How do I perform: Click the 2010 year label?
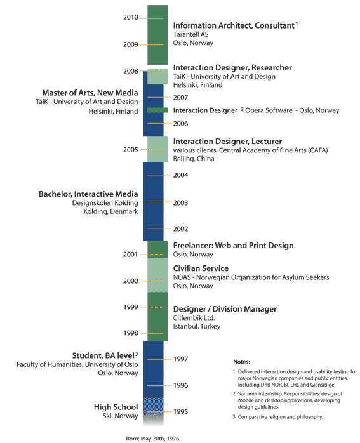click(x=131, y=18)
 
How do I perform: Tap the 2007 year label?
click(x=180, y=98)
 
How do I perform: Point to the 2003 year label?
click(x=180, y=203)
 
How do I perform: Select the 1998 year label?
click(x=131, y=333)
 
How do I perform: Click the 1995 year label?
click(x=180, y=412)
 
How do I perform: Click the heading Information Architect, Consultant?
click(x=234, y=26)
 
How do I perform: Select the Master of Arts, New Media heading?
click(x=90, y=93)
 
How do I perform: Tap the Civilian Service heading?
click(x=201, y=268)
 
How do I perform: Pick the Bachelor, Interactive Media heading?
click(x=88, y=194)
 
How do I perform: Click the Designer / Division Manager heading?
click(x=225, y=309)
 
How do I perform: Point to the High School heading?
click(x=116, y=407)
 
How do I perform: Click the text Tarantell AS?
click(x=190, y=34)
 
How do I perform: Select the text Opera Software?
click(x=269, y=110)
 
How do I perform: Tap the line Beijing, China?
click(x=194, y=159)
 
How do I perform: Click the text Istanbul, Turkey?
click(x=197, y=326)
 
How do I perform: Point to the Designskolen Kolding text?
click(x=105, y=203)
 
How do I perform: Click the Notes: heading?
click(x=242, y=362)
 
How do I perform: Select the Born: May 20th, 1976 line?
click(x=152, y=439)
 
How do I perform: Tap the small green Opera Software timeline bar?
click(x=157, y=110)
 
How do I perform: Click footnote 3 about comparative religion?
click(x=278, y=417)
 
